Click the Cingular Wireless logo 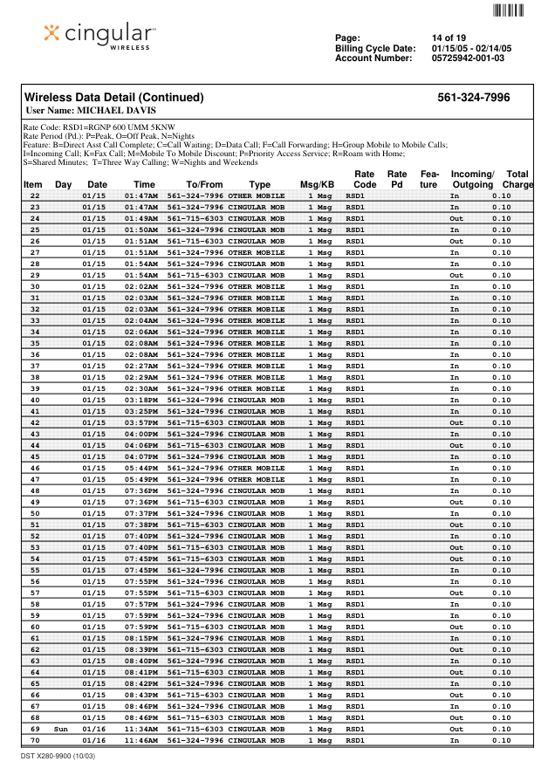(99, 36)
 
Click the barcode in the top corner (509, 10)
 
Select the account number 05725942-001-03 (468, 58)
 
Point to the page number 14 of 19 (449, 38)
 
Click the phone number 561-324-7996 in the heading (473, 98)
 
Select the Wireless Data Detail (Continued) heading (113, 98)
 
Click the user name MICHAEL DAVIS (92, 112)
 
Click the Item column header (33, 185)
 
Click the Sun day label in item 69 (61, 729)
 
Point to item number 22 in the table (35, 196)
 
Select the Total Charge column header (517, 180)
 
